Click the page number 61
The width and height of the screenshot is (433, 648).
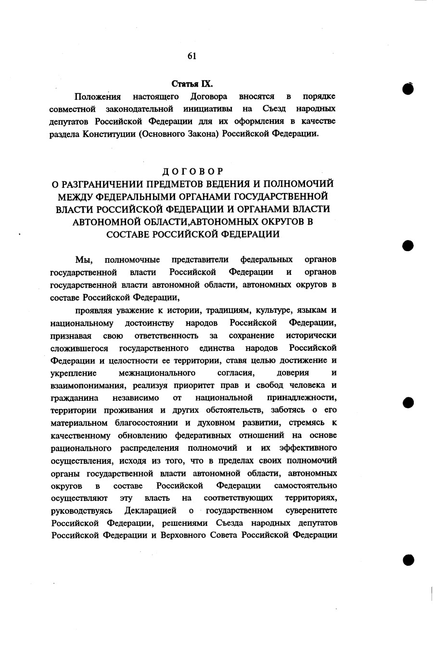(x=191, y=56)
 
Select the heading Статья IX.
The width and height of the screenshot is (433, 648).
(x=192, y=84)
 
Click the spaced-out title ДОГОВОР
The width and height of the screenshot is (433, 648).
(x=192, y=172)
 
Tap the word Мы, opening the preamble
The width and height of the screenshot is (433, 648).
(x=82, y=260)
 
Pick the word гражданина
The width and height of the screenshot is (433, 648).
(x=75, y=398)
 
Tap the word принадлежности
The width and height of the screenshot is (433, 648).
(x=302, y=398)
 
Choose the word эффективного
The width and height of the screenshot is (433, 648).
(x=308, y=448)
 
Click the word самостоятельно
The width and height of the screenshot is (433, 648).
(x=305, y=485)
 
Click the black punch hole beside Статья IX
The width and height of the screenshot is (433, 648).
(x=408, y=89)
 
